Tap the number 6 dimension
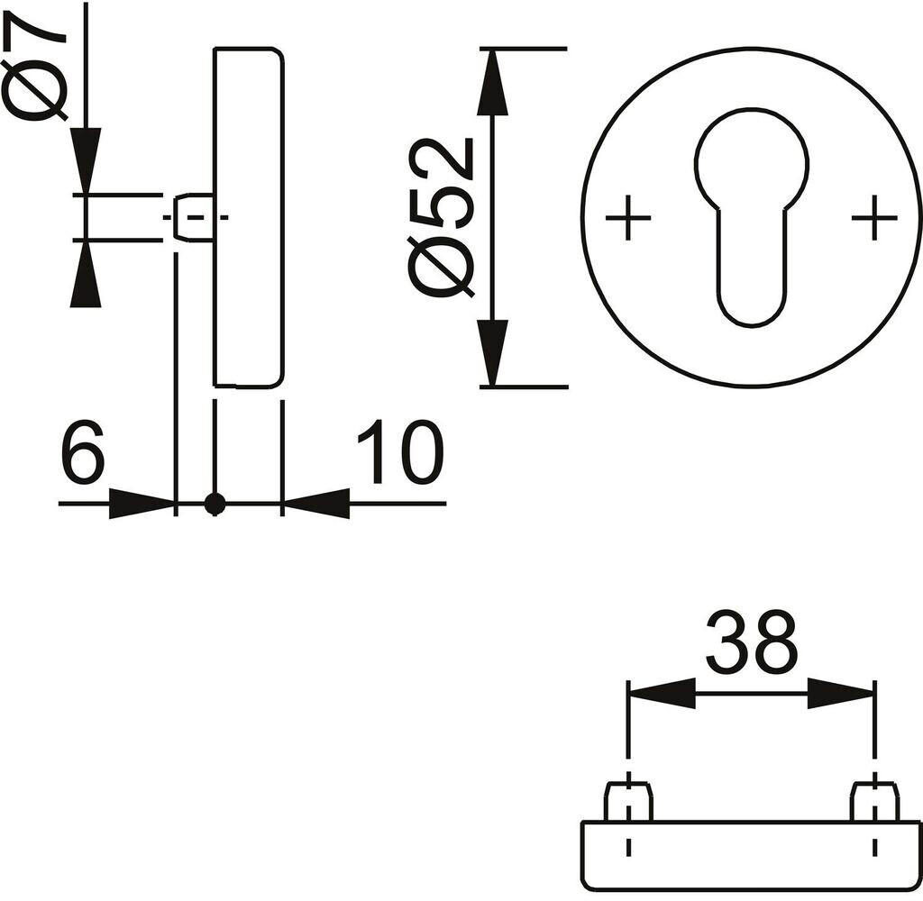[x=83, y=451]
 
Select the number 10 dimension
[x=401, y=451]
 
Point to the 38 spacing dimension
[x=752, y=642]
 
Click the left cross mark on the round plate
[x=628, y=217]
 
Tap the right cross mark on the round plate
[x=874, y=217]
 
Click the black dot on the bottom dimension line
[x=215, y=504]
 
